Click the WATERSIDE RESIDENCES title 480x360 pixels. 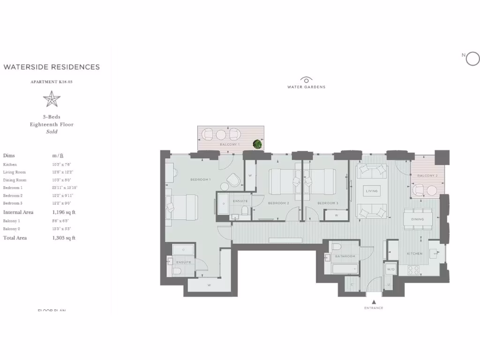click(x=52, y=67)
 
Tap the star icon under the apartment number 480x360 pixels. click(x=52, y=99)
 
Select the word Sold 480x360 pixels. click(x=52, y=132)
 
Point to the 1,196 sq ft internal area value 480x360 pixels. click(x=64, y=212)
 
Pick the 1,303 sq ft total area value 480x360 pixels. click(x=64, y=238)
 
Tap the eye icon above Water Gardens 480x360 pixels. click(x=306, y=80)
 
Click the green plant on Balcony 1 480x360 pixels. click(x=257, y=144)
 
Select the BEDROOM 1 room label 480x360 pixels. click(x=200, y=180)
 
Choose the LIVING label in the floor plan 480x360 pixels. click(x=372, y=191)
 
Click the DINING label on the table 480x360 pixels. click(x=417, y=219)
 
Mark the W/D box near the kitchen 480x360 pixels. click(x=390, y=270)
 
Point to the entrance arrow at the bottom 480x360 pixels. click(x=374, y=301)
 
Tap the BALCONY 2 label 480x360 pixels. click(x=427, y=176)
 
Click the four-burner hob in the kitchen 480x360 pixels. click(x=414, y=270)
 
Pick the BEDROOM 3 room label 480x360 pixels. click(x=328, y=203)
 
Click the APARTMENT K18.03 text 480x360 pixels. click(x=52, y=82)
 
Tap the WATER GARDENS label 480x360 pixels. click(x=306, y=87)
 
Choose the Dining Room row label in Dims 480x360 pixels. click(x=15, y=180)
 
